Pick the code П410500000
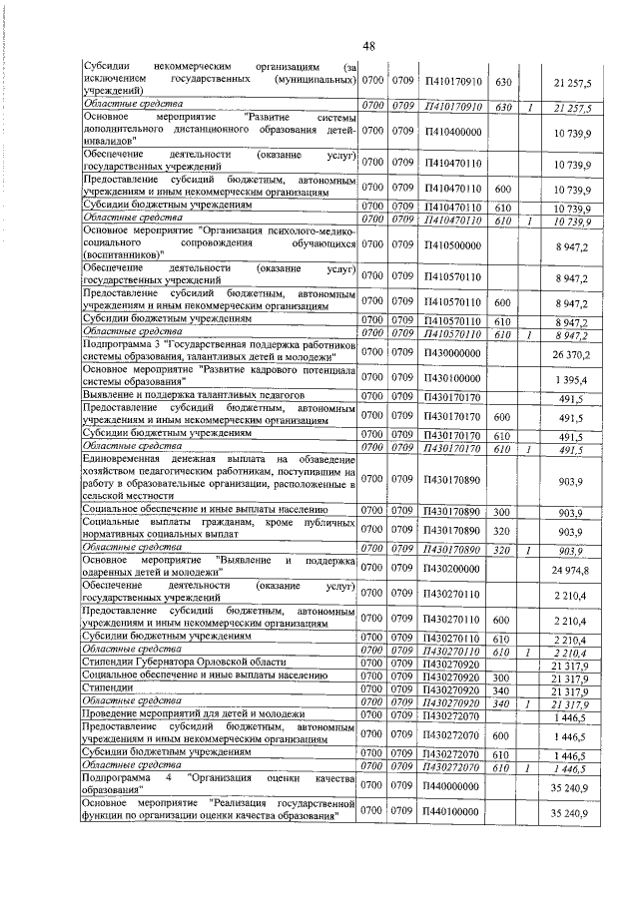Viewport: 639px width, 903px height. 452,243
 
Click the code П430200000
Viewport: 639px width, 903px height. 452,570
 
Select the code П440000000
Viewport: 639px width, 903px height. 452,786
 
